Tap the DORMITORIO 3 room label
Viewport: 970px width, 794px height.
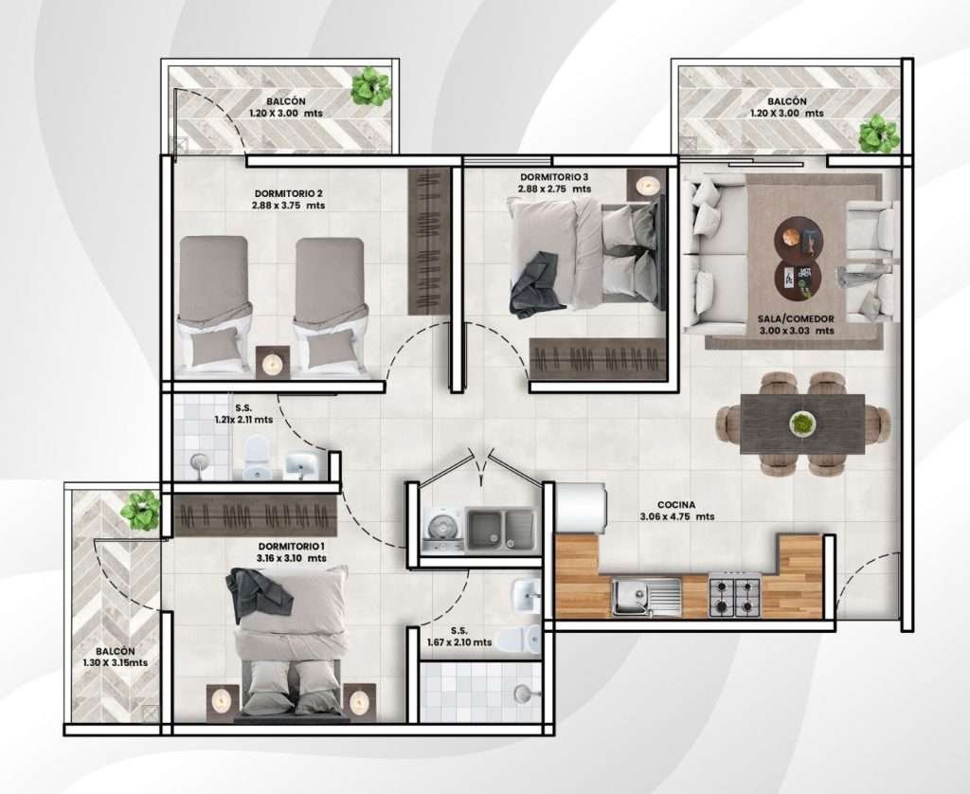pos(554,176)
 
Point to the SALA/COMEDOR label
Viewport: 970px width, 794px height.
pos(796,318)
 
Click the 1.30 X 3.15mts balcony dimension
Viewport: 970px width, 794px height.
pos(115,663)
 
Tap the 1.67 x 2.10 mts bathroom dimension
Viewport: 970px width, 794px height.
pos(459,642)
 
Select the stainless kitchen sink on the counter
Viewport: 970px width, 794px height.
pos(646,597)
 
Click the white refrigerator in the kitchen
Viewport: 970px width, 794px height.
pos(582,508)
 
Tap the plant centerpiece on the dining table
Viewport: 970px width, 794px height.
pos(802,424)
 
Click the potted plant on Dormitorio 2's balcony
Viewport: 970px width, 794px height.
pos(371,86)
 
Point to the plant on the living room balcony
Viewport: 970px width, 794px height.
pos(878,134)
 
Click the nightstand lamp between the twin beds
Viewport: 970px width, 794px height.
pos(272,363)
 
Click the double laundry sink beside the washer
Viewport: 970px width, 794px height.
pos(500,529)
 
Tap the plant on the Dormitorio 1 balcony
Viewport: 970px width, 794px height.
pos(140,511)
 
